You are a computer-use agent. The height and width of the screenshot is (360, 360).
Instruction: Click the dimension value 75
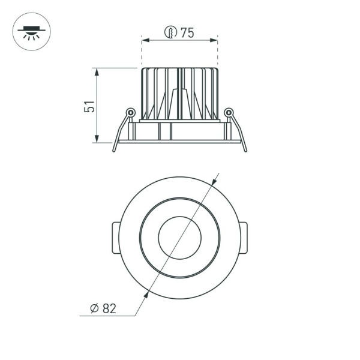(x=187, y=33)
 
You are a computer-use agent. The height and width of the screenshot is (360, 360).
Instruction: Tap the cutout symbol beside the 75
(x=171, y=33)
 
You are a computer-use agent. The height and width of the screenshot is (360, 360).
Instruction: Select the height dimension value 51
(x=89, y=106)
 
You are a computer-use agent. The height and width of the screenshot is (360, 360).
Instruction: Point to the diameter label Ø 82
(x=103, y=308)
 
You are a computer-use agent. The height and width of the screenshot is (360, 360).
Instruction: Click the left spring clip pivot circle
(x=130, y=112)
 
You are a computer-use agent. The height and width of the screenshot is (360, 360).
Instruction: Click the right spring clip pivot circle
(x=228, y=112)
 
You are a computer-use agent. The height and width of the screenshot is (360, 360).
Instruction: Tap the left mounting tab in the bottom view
(x=115, y=238)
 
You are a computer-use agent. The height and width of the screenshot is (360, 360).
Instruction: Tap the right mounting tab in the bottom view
(x=244, y=238)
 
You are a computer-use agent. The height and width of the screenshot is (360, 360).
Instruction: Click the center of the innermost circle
(x=179, y=238)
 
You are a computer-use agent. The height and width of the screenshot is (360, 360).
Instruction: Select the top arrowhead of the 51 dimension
(x=96, y=71)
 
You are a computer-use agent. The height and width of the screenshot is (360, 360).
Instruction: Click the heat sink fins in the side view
(x=179, y=93)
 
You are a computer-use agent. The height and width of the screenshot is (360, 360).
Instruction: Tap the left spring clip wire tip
(x=114, y=150)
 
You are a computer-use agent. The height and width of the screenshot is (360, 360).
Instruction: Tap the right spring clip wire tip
(x=245, y=150)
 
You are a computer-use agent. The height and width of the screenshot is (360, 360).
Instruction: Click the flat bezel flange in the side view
(x=179, y=142)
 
